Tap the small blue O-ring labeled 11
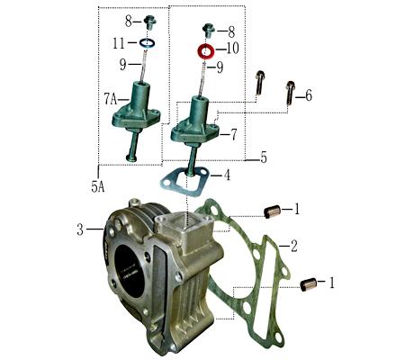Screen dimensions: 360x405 pyautogui.click(x=147, y=42)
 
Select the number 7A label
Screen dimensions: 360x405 pyautogui.click(x=111, y=96)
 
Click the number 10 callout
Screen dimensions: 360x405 pyautogui.click(x=232, y=48)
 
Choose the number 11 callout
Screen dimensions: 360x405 pyautogui.click(x=119, y=42)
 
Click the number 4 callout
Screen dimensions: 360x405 pyautogui.click(x=227, y=175)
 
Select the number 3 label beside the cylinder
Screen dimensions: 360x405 pyautogui.click(x=79, y=229)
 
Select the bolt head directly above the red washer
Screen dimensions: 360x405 pyautogui.click(x=208, y=30)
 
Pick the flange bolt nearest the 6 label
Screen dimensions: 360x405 pyautogui.click(x=290, y=93)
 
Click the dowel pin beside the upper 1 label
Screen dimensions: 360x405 pyautogui.click(x=271, y=211)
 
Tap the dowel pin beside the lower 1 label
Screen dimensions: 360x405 pyautogui.click(x=307, y=284)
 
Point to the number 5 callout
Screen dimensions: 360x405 pyautogui.click(x=264, y=157)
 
